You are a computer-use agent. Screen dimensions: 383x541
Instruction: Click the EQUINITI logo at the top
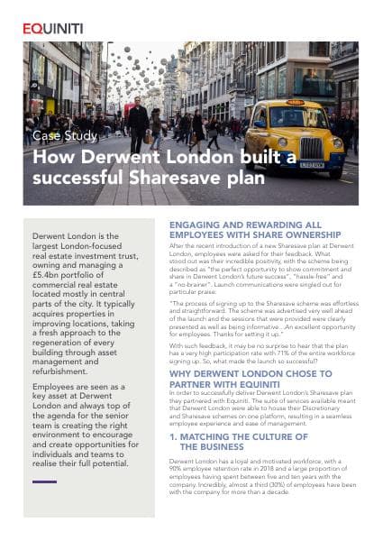pos(55,28)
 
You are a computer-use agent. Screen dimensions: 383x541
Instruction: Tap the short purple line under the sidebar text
pos(43,481)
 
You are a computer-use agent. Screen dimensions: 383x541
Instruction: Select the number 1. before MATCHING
pos(174,435)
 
